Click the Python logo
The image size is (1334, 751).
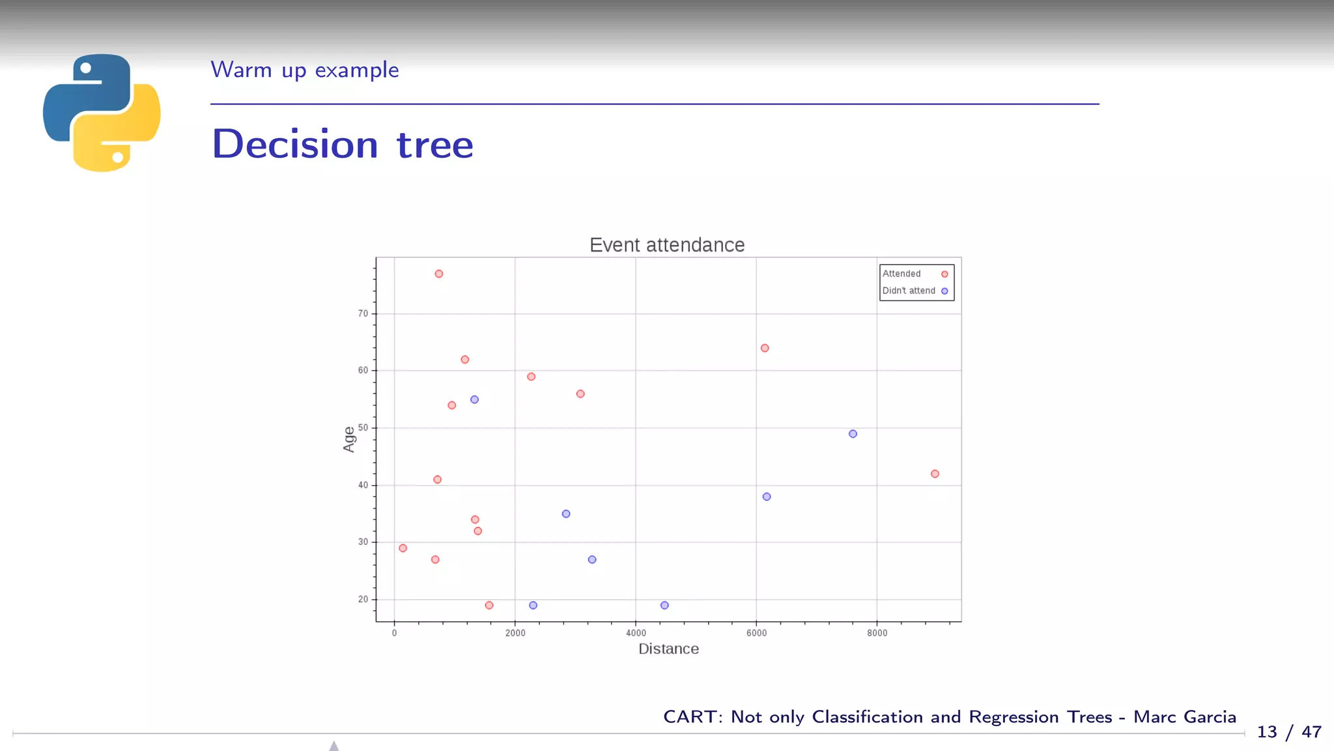[x=102, y=113]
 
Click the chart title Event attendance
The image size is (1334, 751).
[x=666, y=245]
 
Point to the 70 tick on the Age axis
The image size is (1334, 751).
[x=363, y=314]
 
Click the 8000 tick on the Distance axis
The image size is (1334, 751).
[x=877, y=633]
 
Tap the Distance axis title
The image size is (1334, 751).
[x=668, y=649]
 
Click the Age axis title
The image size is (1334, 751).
[x=349, y=439]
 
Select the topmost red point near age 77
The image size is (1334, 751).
[x=439, y=274]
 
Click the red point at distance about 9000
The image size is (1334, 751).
[x=935, y=474]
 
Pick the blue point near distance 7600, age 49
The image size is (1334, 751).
[x=853, y=434]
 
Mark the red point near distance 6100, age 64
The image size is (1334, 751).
[x=765, y=348]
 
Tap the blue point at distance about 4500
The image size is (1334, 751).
[x=664, y=606]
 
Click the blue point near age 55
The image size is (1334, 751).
[x=474, y=400]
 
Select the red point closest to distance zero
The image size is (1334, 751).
[x=403, y=548]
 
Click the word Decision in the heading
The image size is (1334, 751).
[x=295, y=144]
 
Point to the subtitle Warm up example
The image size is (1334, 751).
[x=304, y=70]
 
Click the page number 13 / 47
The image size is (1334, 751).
[x=1288, y=732]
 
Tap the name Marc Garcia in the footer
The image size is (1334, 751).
[x=1184, y=717]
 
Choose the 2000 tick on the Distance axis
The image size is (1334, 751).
[x=515, y=633]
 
